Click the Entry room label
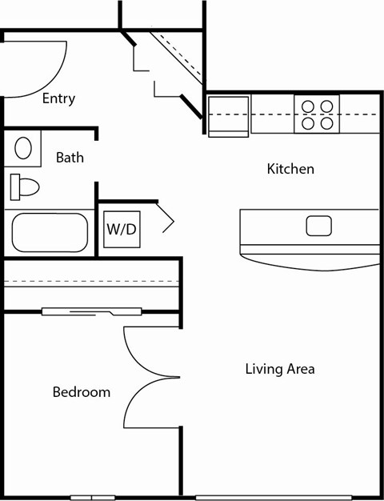[x=58, y=98]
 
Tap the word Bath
[x=70, y=158]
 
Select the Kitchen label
[x=290, y=169]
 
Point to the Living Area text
[x=279, y=369]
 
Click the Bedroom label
[x=81, y=392]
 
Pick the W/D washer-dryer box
[x=121, y=229]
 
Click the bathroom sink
[x=24, y=149]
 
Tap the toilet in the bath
[x=24, y=187]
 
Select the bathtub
[x=49, y=232]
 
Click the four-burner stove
[x=317, y=114]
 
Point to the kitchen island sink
[x=318, y=226]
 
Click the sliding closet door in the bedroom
[x=91, y=311]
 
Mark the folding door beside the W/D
[x=166, y=217]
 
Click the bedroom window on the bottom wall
[x=92, y=497]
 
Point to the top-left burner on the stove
[x=307, y=106]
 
